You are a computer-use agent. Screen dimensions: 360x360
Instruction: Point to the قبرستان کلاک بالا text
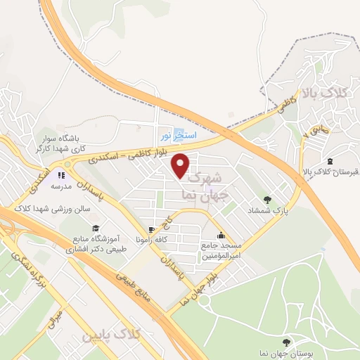[x=326, y=172]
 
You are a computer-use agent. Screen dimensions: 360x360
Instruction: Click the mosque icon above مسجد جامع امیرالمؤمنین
[x=221, y=236]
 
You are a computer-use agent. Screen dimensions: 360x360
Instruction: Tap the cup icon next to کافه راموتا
[x=150, y=230]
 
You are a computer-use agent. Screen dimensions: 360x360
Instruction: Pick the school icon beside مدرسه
[x=61, y=175]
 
